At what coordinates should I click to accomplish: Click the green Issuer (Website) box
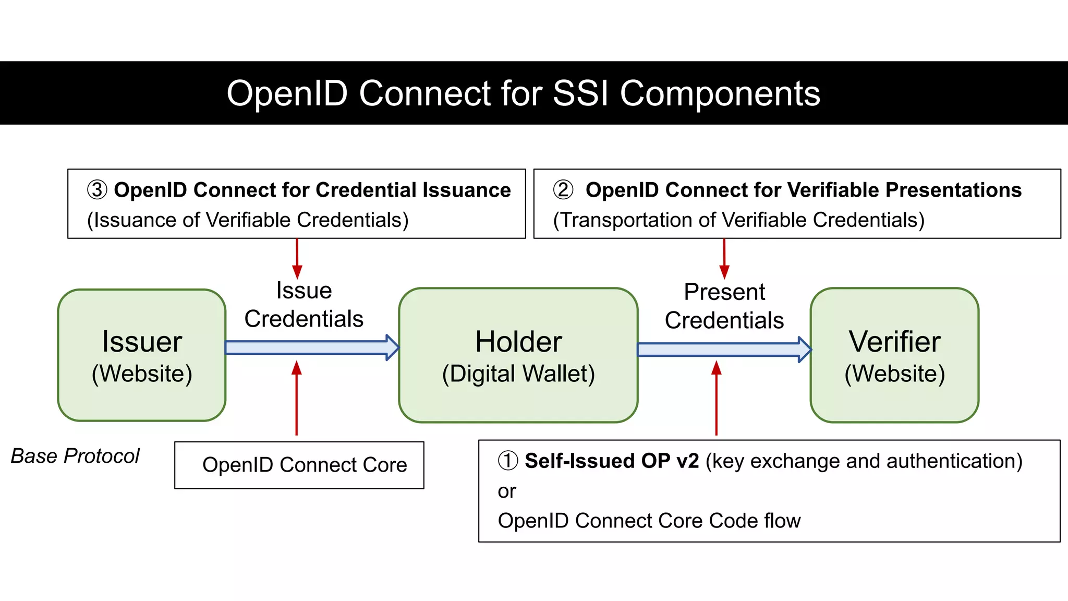[142, 355]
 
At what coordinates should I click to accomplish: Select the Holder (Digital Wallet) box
[518, 355]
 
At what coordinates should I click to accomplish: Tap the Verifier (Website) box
[894, 355]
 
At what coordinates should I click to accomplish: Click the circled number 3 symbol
[97, 190]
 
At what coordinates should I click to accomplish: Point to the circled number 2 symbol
[563, 190]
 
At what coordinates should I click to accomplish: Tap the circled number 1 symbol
[508, 461]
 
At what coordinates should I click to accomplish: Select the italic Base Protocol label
[75, 456]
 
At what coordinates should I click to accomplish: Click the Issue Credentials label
[304, 305]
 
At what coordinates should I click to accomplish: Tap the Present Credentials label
[724, 306]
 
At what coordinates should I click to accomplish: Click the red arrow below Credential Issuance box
[297, 259]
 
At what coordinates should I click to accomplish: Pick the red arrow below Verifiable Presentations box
[724, 259]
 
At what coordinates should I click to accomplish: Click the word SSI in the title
[580, 93]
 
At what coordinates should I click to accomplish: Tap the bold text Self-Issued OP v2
[611, 461]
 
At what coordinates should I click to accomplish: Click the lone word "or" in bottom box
[507, 491]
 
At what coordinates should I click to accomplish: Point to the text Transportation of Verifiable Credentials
[738, 220]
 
